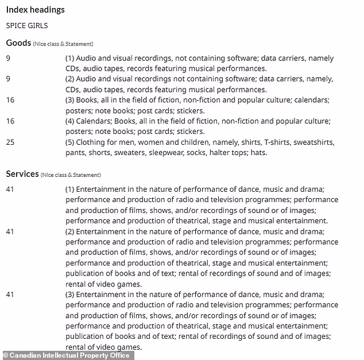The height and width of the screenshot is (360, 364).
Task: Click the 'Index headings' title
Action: [35, 10]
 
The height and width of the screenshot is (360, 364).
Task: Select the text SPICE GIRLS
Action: [27, 26]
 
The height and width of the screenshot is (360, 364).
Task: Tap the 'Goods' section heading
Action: [18, 42]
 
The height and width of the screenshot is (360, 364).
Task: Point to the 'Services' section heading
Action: [22, 173]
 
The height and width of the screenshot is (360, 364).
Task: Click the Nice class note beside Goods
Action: [63, 44]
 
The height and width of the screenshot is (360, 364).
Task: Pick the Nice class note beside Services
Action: [71, 175]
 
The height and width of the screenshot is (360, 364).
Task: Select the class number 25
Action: [10, 142]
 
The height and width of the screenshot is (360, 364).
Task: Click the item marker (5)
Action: [70, 142]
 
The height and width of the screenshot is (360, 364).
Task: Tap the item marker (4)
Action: [70, 121]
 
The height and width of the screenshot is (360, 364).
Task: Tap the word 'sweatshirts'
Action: [313, 142]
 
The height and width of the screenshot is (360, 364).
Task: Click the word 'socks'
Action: [216, 153]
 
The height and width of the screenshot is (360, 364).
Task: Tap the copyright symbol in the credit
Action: [6, 355]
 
